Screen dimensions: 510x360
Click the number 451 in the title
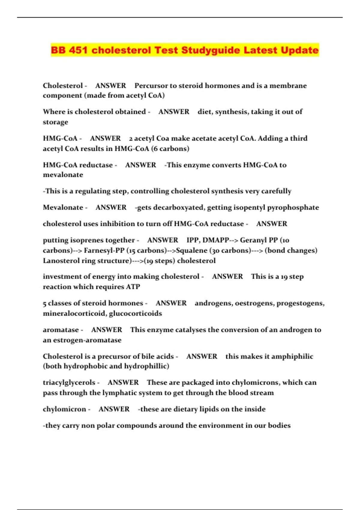[78, 50]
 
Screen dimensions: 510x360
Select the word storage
[55, 122]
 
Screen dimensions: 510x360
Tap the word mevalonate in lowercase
[63, 175]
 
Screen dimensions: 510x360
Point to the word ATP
[133, 287]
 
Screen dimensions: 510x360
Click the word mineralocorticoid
[74, 313]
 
